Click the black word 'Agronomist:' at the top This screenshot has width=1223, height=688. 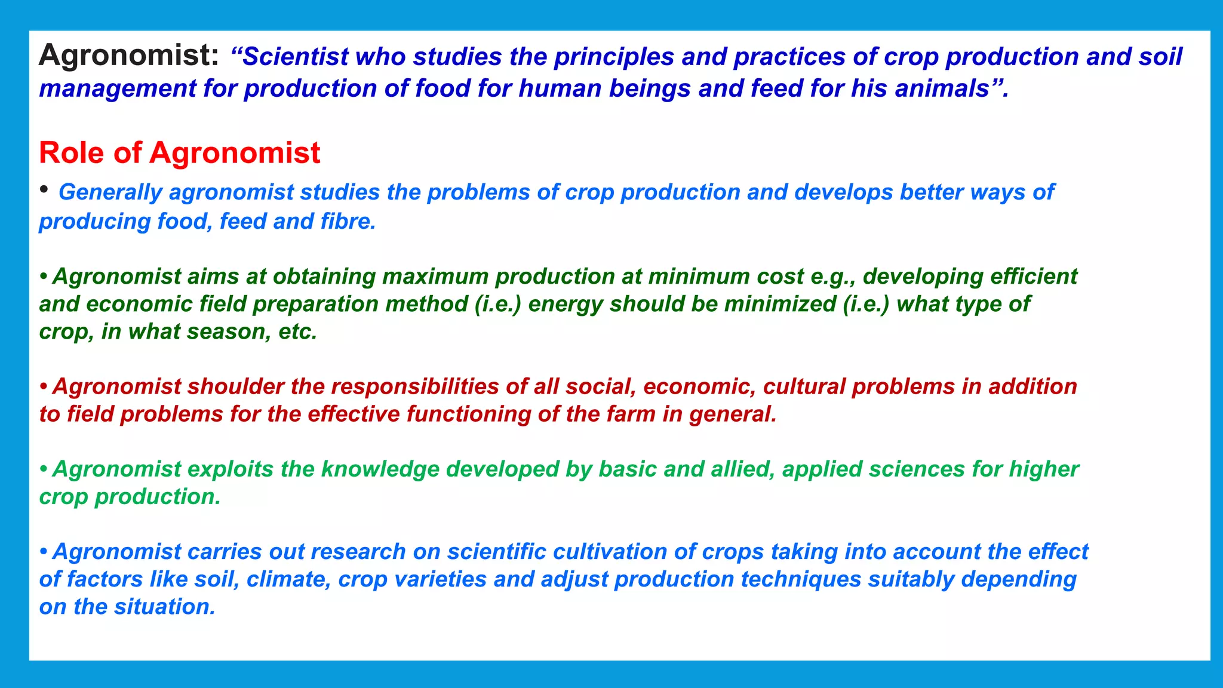[x=129, y=56]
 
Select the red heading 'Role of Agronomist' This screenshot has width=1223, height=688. [x=179, y=152]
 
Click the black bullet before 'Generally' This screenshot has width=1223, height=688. [x=44, y=190]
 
